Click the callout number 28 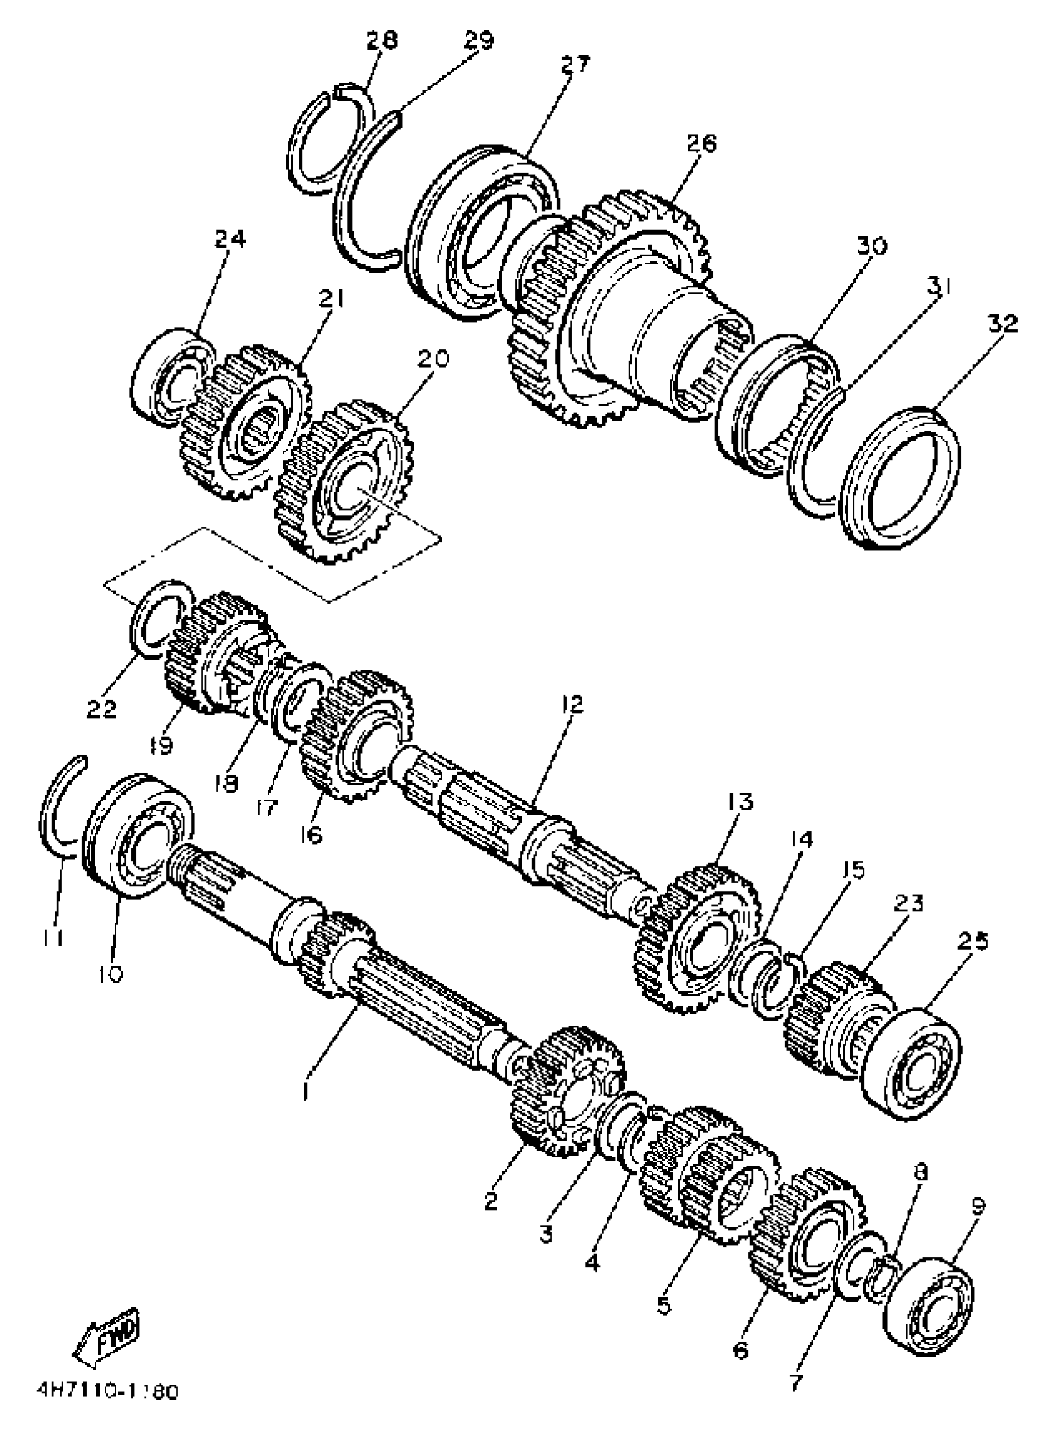point(382,40)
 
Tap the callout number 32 point(1002,325)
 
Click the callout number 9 point(977,1207)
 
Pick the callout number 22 point(102,708)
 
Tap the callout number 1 point(308,1090)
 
